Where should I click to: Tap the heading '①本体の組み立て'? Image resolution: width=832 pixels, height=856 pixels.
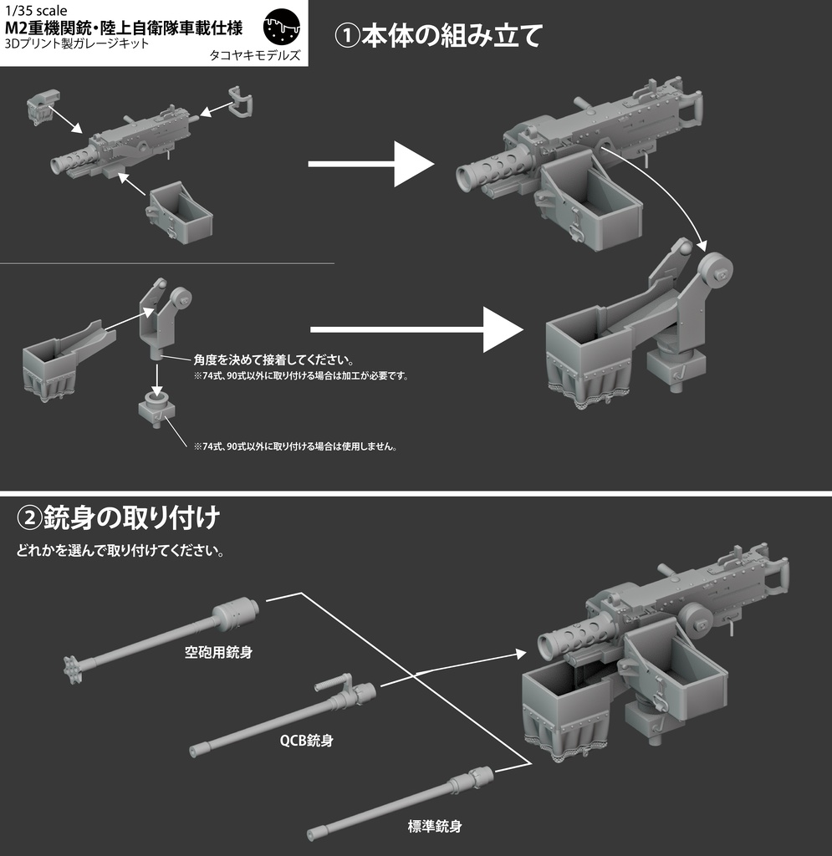coord(438,36)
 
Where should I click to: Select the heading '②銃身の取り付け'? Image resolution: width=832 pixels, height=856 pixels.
coord(118,517)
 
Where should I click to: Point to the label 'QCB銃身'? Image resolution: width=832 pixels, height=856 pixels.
coord(308,740)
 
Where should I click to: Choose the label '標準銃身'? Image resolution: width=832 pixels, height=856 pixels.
coord(435,826)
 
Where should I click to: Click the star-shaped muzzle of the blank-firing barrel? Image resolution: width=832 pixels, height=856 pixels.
coord(69,667)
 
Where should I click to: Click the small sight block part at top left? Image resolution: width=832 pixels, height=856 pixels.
coord(39,108)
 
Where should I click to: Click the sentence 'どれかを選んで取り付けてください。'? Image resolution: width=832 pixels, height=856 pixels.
coord(120,552)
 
